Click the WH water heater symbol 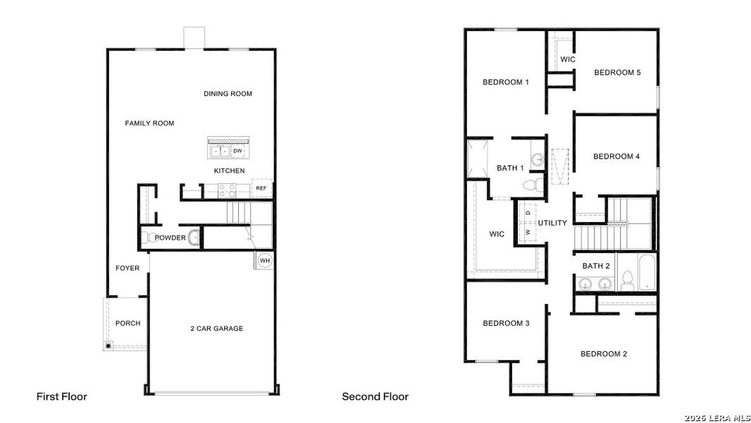point(265,260)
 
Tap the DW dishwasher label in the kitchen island point(237,150)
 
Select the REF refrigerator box point(261,188)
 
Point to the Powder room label point(170,238)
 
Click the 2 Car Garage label point(216,329)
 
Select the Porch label point(128,324)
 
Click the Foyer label point(128,268)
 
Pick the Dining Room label point(228,94)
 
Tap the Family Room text point(149,123)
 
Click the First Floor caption point(62,397)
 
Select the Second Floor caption point(375,397)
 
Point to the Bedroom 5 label point(616,72)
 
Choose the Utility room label point(552,223)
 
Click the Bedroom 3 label point(506,324)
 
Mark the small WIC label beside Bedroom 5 point(568,59)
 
